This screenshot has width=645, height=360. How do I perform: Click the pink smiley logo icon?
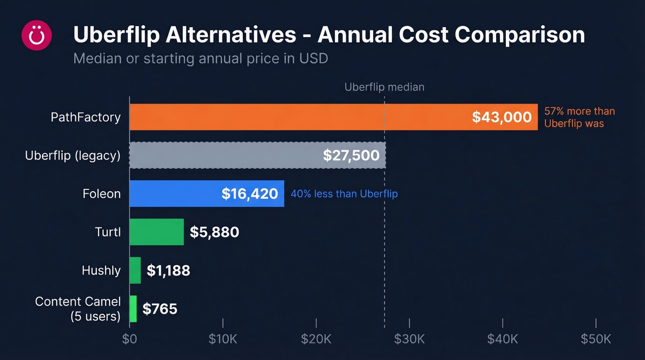[37, 35]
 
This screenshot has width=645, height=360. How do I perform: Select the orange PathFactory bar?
[299, 117]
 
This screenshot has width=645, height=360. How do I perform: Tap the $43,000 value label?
[502, 117]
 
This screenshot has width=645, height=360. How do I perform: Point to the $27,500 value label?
[351, 155]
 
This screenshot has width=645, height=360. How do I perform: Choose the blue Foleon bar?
[175, 194]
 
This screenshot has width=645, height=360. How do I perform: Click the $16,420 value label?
[250, 194]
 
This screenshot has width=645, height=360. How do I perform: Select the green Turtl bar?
[156, 232]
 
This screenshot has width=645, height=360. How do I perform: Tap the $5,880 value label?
[214, 232]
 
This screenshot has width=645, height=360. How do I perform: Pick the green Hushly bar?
[135, 270]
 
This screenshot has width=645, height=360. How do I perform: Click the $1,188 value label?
[168, 271]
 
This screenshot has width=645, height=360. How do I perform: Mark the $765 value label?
[160, 309]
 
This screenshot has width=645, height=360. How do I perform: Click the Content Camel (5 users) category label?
[78, 309]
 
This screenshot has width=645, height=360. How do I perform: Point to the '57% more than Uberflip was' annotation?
[579, 117]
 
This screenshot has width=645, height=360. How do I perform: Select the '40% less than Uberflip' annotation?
[344, 194]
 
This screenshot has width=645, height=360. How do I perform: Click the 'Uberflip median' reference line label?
[384, 87]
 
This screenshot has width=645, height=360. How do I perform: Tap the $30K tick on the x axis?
[409, 339]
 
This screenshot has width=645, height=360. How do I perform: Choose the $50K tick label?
[596, 339]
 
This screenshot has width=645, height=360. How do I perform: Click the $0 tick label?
[129, 339]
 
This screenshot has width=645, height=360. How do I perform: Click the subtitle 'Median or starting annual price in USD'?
[200, 59]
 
